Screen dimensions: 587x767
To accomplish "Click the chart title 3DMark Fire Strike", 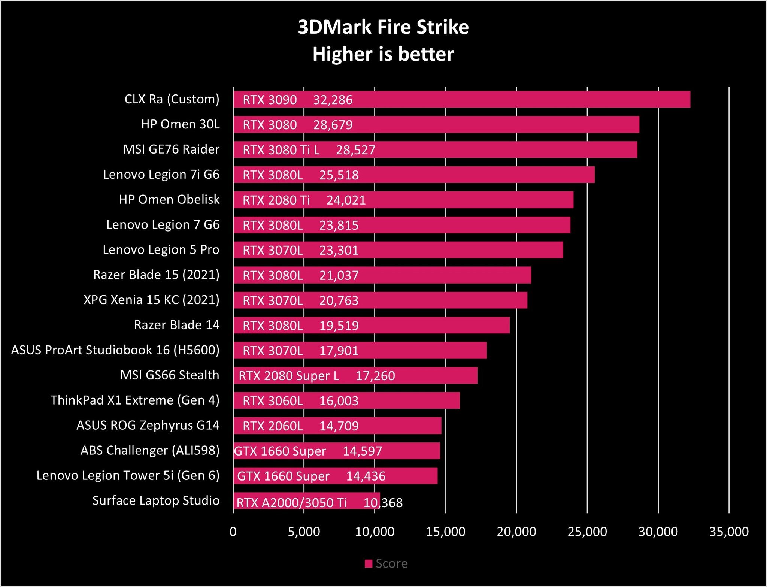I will coord(383,27).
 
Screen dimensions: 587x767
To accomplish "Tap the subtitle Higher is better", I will coord(383,54).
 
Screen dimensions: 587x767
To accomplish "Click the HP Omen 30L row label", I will coord(180,124).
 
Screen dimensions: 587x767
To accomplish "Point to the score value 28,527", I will coord(355,150).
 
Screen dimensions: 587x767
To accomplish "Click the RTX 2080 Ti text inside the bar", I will coord(276,200).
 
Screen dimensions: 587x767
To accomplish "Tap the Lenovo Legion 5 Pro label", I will coord(161,249).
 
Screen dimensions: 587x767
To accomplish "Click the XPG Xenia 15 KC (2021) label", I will coord(151,300).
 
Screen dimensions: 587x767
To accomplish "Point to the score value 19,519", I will coord(339,326).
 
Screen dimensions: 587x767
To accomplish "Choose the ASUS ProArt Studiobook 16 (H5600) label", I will coord(115,350).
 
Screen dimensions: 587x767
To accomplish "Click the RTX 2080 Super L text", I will coord(289,376).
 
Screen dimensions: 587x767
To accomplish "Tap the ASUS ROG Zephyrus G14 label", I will coord(148,425).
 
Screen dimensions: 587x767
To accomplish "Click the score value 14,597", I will coord(362,451).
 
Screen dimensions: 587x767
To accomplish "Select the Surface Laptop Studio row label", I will coord(156,500).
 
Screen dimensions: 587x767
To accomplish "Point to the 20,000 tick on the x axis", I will coord(516,532).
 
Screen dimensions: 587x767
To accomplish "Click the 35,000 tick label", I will coord(729,532).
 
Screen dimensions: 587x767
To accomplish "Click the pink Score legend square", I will coord(369,563).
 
